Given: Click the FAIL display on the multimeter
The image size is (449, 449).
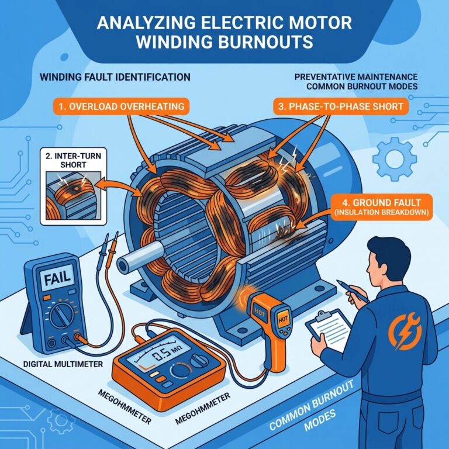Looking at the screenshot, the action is pyautogui.click(x=57, y=278).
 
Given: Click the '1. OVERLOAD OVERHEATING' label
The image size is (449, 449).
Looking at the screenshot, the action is pyautogui.click(x=122, y=106).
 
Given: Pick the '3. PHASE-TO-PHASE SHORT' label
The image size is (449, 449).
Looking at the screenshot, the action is pyautogui.click(x=341, y=106).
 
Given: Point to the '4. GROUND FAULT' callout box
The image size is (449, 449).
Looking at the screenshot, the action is pyautogui.click(x=382, y=207).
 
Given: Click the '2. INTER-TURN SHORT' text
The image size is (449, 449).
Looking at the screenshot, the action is pyautogui.click(x=73, y=160).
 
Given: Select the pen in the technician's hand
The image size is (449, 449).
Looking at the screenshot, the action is pyautogui.click(x=352, y=291).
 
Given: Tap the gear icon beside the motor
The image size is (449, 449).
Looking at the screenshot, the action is pyautogui.click(x=395, y=158).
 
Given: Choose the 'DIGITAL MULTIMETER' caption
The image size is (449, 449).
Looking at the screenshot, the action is pyautogui.click(x=63, y=364).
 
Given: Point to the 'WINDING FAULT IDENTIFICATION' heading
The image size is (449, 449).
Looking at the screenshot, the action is pyautogui.click(x=115, y=77).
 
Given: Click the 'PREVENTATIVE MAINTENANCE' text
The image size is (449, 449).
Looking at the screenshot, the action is pyautogui.click(x=356, y=77).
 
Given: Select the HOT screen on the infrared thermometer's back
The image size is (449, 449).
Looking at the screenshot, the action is pyautogui.click(x=283, y=319).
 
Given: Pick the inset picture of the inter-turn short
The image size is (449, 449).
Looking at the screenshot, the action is pyautogui.click(x=74, y=196).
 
